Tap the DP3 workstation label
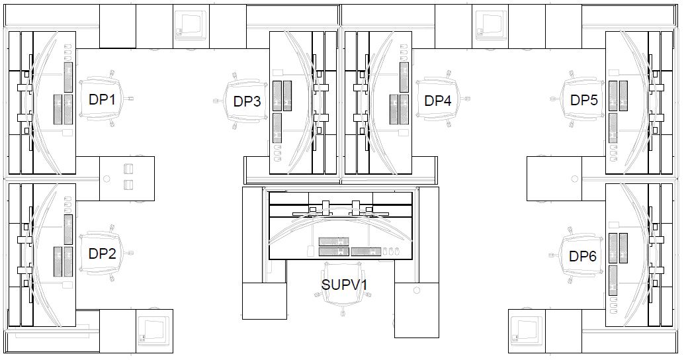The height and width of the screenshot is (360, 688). click(247, 102)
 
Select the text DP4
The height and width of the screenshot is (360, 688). click(438, 101)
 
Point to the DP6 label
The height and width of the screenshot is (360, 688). click(583, 256)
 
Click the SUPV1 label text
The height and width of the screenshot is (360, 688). click(344, 285)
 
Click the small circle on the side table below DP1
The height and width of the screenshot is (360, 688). click(107, 178)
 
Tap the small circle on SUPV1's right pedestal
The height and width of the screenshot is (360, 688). click(416, 289)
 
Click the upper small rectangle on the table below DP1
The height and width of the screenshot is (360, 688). click(128, 169)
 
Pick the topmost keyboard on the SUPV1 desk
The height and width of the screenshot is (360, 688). click(333, 242)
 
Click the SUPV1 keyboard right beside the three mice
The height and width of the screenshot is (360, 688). click(366, 251)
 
